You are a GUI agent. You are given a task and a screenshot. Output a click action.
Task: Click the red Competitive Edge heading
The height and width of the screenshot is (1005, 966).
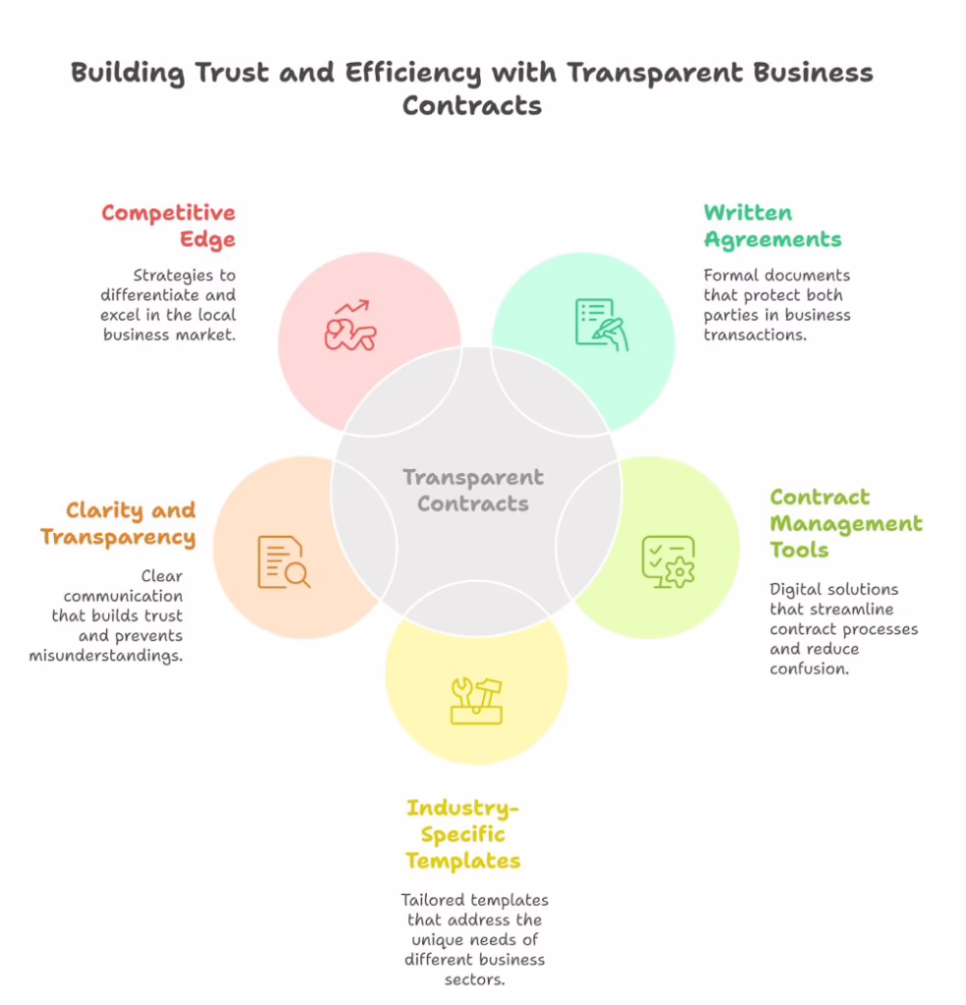click(x=169, y=226)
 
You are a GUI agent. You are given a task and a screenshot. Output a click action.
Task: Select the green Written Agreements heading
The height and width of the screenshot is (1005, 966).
click(x=773, y=226)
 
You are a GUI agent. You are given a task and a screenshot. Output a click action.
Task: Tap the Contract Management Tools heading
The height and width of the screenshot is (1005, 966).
click(x=846, y=523)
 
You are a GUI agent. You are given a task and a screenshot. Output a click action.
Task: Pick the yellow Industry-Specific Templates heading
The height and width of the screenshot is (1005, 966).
click(x=462, y=834)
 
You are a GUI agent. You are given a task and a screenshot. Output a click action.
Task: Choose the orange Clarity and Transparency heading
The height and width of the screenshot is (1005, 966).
click(x=118, y=524)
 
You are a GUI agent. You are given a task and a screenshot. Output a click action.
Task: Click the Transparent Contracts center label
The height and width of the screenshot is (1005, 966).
click(x=473, y=491)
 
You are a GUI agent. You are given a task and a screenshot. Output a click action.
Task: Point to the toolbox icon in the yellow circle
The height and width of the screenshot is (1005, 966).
click(x=476, y=701)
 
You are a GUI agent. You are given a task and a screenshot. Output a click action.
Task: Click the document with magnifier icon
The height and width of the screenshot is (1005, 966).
click(x=284, y=562)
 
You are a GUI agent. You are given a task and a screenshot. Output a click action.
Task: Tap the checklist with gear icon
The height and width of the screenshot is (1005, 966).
click(x=669, y=562)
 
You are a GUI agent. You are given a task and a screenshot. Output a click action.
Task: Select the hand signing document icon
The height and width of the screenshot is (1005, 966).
click(x=602, y=324)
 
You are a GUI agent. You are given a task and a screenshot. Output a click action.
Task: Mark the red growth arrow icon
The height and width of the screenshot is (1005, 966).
click(x=350, y=325)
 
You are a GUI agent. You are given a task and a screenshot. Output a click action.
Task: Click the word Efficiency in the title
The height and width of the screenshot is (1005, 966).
click(x=413, y=73)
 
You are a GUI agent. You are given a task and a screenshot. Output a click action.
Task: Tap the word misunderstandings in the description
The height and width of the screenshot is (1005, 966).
click(x=106, y=656)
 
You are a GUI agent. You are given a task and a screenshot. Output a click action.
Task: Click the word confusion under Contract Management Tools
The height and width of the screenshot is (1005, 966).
click(x=810, y=668)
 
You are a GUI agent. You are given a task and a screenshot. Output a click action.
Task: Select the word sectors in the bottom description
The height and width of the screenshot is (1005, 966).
click(x=475, y=979)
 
